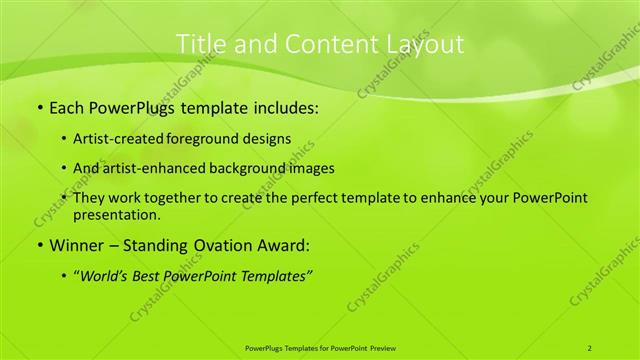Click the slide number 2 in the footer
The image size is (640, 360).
pos(590,347)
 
